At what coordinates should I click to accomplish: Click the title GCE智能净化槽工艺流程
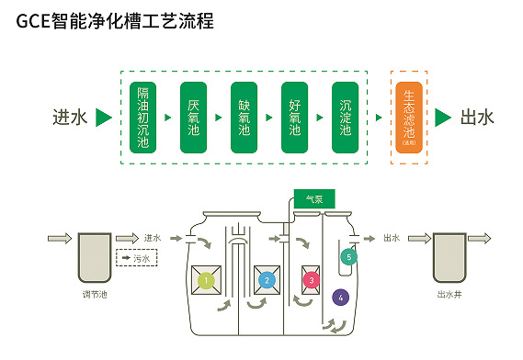coord(115,21)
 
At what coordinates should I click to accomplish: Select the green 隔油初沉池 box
coord(143,118)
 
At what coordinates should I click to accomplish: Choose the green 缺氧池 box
coord(243,118)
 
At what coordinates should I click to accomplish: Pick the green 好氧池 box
coord(294,118)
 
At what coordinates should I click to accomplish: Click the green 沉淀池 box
coord(346,118)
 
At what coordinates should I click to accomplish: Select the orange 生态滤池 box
coord(408,118)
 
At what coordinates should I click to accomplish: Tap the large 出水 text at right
coord(477,118)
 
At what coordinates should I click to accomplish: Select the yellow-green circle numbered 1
coord(206,279)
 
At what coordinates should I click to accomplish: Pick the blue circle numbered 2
coord(267,279)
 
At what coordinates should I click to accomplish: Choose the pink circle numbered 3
coord(312,279)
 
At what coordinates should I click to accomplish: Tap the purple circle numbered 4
coord(341,298)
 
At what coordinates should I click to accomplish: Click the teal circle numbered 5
coord(348,257)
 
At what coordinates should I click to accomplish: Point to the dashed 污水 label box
coord(138,259)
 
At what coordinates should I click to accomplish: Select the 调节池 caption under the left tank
coord(95,296)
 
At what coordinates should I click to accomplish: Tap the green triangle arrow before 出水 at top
coord(443,118)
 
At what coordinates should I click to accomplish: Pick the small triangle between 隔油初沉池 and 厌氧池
coord(168,118)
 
